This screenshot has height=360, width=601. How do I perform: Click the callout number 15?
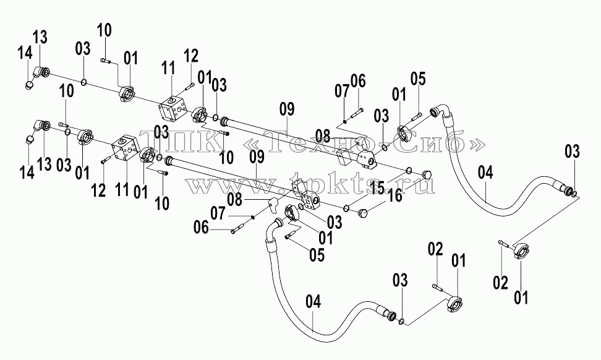coord(377,188)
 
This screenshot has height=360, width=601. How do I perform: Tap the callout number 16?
coord(396,195)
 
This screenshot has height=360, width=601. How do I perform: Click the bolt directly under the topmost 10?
coord(106,60)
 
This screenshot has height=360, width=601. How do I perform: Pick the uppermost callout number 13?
coord(40,38)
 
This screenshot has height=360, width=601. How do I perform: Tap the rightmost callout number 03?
coord(573,152)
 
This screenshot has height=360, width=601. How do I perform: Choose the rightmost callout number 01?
coord(521,297)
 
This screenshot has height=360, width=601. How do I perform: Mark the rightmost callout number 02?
coord(501,283)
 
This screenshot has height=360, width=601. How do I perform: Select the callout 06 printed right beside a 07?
coord(358,81)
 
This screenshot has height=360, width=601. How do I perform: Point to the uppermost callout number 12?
coord(191,56)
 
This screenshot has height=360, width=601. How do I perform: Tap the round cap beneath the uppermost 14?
coord(29,85)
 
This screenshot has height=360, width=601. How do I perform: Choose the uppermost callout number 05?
coord(418,79)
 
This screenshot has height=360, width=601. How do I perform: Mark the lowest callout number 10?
coord(163,203)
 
